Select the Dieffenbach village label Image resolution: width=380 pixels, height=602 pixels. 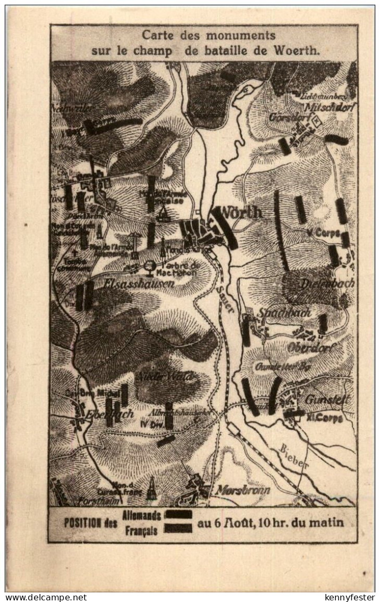(327, 283)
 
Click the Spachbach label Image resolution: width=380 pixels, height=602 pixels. (284, 313)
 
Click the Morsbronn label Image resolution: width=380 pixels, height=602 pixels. (242, 490)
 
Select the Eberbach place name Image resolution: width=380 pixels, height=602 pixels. (102, 414)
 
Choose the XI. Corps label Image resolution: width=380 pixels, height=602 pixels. (325, 418)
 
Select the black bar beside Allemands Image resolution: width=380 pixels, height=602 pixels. (179, 514)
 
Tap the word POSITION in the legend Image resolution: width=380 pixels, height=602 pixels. (82, 523)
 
